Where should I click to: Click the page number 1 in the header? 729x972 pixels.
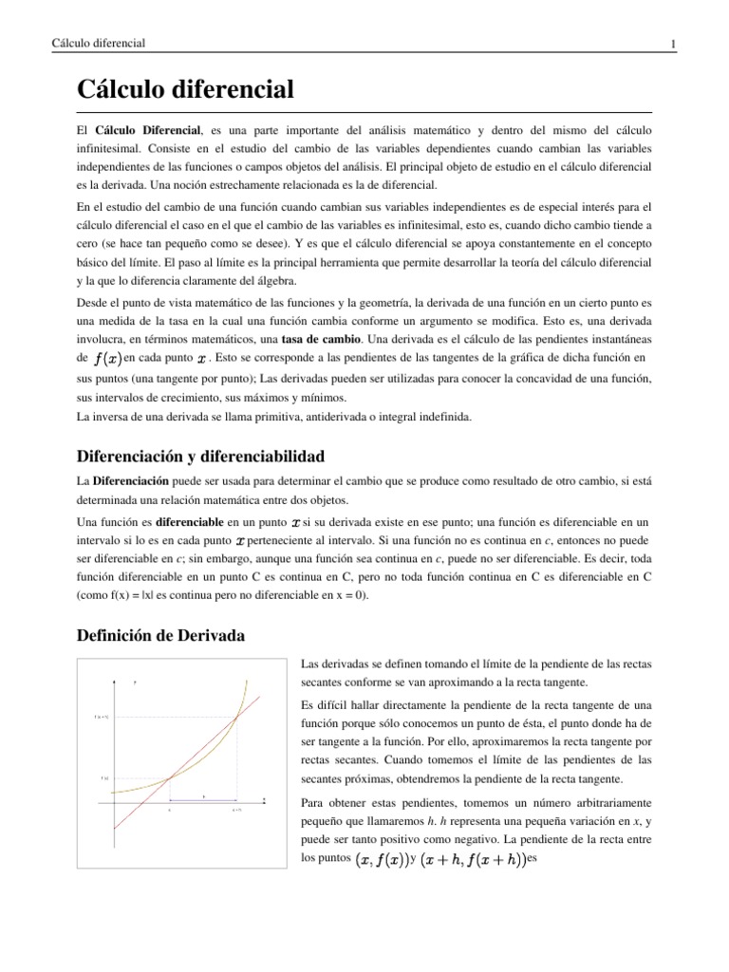tap(672, 45)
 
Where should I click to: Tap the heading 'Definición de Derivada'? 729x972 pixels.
tap(160, 636)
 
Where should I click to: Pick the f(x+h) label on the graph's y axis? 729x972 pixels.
tap(101, 718)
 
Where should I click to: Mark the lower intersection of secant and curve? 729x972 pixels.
tap(169, 777)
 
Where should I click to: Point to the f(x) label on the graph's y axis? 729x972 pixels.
tap(104, 777)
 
